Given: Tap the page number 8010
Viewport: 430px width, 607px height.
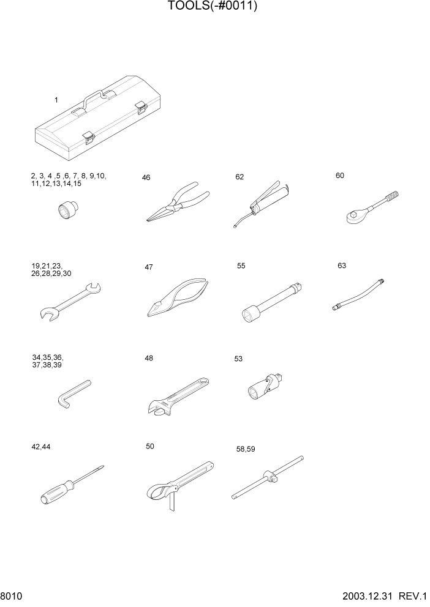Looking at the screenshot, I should pyautogui.click(x=12, y=595).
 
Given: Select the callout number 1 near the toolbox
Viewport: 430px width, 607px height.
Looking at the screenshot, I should pyautogui.click(x=56, y=100).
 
